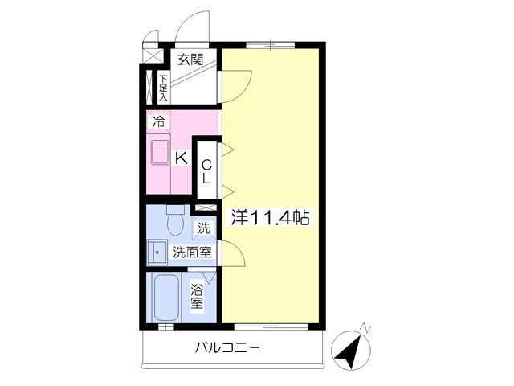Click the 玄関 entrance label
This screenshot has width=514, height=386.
point(190,60)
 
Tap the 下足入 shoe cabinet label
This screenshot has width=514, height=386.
point(163,88)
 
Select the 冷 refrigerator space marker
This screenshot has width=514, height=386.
point(158,121)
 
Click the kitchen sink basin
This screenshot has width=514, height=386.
point(161,152)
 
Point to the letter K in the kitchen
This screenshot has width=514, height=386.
point(181,158)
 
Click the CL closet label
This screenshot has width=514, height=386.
point(206,171)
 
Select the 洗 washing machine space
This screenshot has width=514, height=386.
point(204,228)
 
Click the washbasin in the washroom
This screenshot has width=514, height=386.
point(157,252)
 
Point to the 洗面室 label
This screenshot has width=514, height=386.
point(193,252)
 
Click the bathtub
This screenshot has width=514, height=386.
point(166,298)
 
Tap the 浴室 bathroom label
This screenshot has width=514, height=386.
point(197,297)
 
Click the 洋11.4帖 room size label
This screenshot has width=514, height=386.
point(270,217)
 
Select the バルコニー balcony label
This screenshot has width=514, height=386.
point(227,347)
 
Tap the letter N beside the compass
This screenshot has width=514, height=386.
point(365,327)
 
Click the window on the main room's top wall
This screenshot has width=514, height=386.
point(271,45)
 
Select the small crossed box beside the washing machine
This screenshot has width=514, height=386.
point(206,207)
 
